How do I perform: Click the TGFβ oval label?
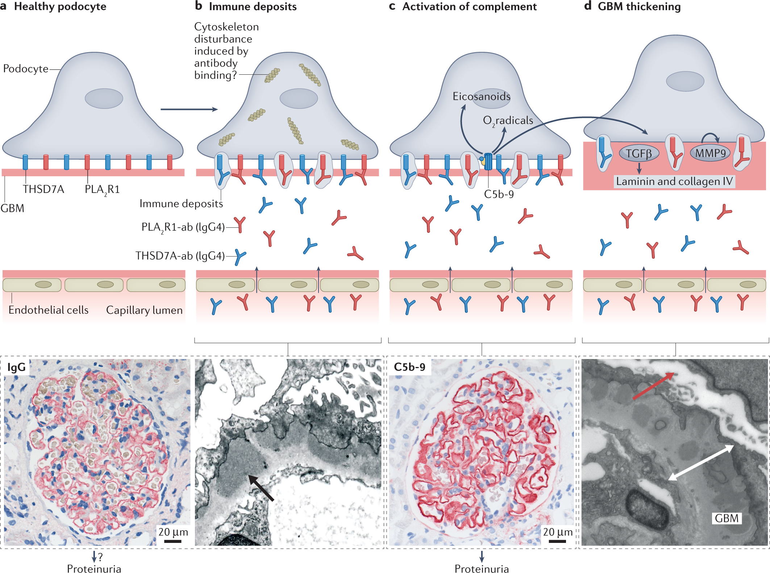pyautogui.click(x=638, y=153)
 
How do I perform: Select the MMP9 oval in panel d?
pyautogui.click(x=710, y=153)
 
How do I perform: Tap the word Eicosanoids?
pyautogui.click(x=481, y=96)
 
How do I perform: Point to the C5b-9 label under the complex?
pyautogui.click(x=499, y=194)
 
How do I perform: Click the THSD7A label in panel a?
pyautogui.click(x=43, y=189)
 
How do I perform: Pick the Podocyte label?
pyautogui.click(x=26, y=69)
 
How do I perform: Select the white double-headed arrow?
pyautogui.click(x=701, y=463)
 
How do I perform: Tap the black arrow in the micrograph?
pyautogui.click(x=261, y=488)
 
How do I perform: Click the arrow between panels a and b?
pyautogui.click(x=189, y=109)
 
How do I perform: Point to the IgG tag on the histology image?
pyautogui.click(x=16, y=367)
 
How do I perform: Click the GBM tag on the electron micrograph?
pyautogui.click(x=727, y=518)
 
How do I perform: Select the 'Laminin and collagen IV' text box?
pyautogui.click(x=674, y=181)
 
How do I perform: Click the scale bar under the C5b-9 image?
pyautogui.click(x=557, y=541)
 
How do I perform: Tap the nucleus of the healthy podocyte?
pyautogui.click(x=104, y=98)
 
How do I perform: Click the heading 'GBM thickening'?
pyautogui.click(x=639, y=7)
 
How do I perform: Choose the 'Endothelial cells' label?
pyautogui.click(x=49, y=310)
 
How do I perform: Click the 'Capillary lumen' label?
pyautogui.click(x=144, y=310)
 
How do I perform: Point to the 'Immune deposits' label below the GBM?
pyautogui.click(x=181, y=204)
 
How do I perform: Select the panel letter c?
pyautogui.click(x=392, y=6)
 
